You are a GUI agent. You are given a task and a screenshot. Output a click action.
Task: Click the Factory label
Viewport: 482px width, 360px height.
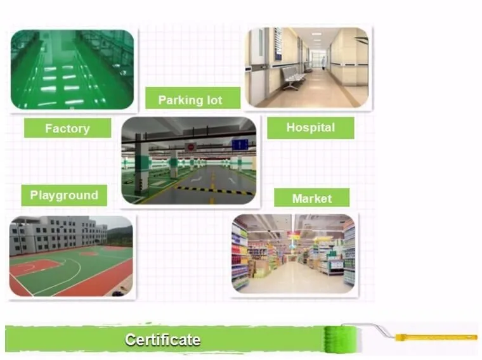tap(68, 128)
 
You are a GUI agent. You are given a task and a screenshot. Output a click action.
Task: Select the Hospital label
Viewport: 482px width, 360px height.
tap(311, 127)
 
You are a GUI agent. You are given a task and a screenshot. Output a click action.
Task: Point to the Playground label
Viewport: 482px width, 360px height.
tap(64, 195)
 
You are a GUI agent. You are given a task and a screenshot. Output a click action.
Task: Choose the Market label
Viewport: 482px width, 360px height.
tap(311, 198)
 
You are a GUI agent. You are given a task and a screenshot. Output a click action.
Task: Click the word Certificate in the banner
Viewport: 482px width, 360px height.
tap(162, 340)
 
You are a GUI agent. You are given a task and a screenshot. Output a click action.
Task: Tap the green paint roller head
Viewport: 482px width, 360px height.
tap(342, 339)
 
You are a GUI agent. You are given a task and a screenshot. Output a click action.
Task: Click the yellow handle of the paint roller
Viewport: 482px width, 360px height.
tap(436, 337)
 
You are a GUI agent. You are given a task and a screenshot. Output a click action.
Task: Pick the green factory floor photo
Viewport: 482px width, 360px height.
tap(72, 70)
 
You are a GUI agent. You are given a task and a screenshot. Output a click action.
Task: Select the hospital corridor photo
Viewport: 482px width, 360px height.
tap(308, 67)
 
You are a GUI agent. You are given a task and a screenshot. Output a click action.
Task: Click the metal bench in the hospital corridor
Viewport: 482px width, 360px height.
tap(293, 77)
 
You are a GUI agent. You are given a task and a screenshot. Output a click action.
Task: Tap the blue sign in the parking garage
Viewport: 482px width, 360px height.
tap(240, 145)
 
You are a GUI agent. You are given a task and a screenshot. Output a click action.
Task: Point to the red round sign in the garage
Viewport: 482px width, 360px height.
tap(191, 147)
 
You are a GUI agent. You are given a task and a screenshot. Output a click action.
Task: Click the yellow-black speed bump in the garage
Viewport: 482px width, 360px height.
tap(216, 191)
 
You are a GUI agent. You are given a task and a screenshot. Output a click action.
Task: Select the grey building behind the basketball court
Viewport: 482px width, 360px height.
tap(58, 236)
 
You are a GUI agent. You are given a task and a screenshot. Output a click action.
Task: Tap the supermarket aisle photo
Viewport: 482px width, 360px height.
tap(294, 254)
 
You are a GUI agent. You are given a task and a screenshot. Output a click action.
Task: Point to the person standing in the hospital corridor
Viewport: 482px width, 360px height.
tap(323, 63)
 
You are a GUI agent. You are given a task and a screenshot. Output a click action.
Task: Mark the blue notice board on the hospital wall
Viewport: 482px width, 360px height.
tap(278, 44)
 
